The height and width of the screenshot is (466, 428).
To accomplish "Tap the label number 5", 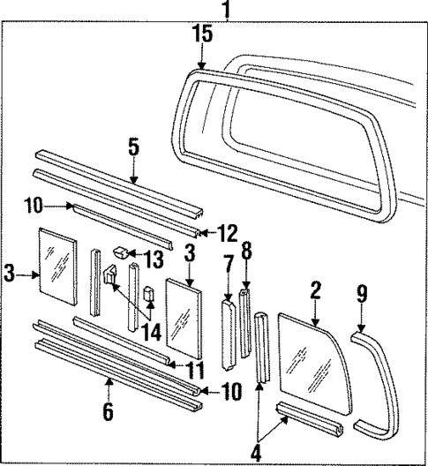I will point(133,147).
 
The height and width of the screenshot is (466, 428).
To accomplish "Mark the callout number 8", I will point(247,251).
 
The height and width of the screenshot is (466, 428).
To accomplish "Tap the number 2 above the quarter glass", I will point(315,290).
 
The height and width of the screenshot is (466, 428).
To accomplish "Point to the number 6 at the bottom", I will point(108,411).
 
